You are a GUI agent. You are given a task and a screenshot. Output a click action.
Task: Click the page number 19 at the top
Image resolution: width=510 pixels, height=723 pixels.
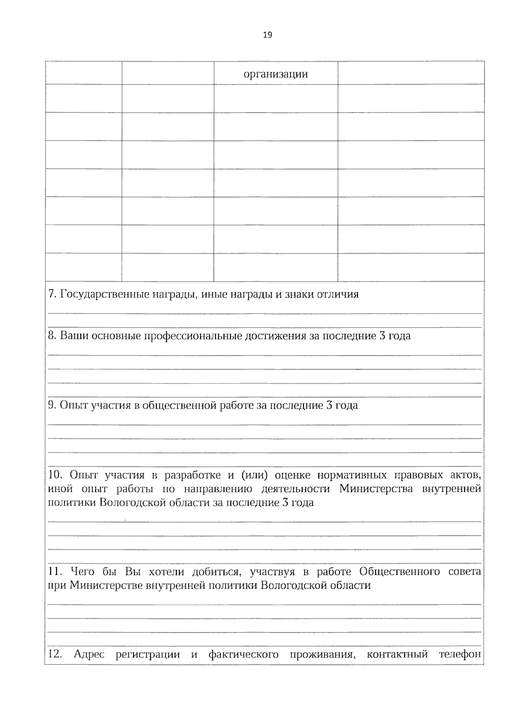click(x=267, y=35)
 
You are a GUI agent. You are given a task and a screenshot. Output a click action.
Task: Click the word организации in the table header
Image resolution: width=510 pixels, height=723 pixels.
click(x=275, y=74)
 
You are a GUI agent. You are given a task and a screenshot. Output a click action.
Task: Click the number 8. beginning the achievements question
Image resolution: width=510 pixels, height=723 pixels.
click(x=52, y=336)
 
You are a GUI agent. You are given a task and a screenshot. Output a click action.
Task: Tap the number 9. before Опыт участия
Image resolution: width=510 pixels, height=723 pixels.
click(x=52, y=405)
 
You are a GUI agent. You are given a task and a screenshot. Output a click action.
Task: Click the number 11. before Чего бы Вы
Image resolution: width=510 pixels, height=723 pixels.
click(x=55, y=572)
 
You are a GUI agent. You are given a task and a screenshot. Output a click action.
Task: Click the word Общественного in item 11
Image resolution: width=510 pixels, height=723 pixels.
click(x=399, y=572)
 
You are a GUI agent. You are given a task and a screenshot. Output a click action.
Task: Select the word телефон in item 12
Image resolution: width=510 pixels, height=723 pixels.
click(x=460, y=655)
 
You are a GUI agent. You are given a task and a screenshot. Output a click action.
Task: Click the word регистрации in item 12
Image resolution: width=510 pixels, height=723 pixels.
click(x=147, y=655)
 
